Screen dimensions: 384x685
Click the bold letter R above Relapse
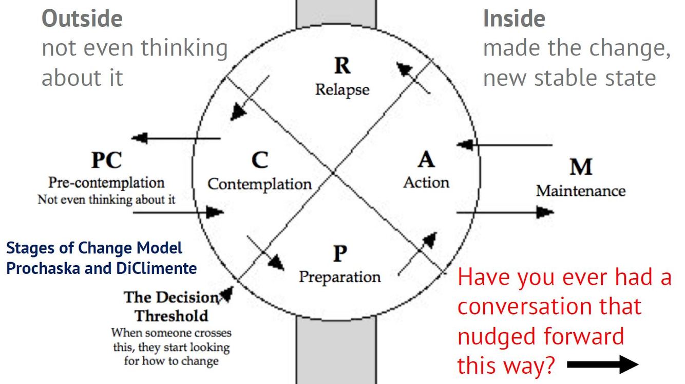(342, 66)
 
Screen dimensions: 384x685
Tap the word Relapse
(342, 89)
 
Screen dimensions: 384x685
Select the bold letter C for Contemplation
(260, 160)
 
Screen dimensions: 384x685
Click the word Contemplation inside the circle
(259, 184)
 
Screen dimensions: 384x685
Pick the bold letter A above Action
(426, 160)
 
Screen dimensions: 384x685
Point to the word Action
(426, 182)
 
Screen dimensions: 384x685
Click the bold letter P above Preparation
(340, 253)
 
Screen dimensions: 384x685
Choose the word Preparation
(340, 277)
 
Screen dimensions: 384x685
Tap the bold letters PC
(106, 160)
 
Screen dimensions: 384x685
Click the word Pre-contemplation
(106, 182)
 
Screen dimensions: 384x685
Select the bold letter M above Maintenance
(581, 167)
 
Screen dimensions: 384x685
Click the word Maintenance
(581, 191)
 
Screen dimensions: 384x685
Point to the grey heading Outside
(82, 19)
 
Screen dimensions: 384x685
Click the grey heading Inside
(514, 19)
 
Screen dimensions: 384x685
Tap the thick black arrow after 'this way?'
(603, 364)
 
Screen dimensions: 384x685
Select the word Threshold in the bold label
(171, 315)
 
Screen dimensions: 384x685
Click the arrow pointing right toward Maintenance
(505, 212)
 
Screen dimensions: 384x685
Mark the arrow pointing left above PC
(176, 138)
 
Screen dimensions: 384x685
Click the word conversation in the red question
(549, 306)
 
